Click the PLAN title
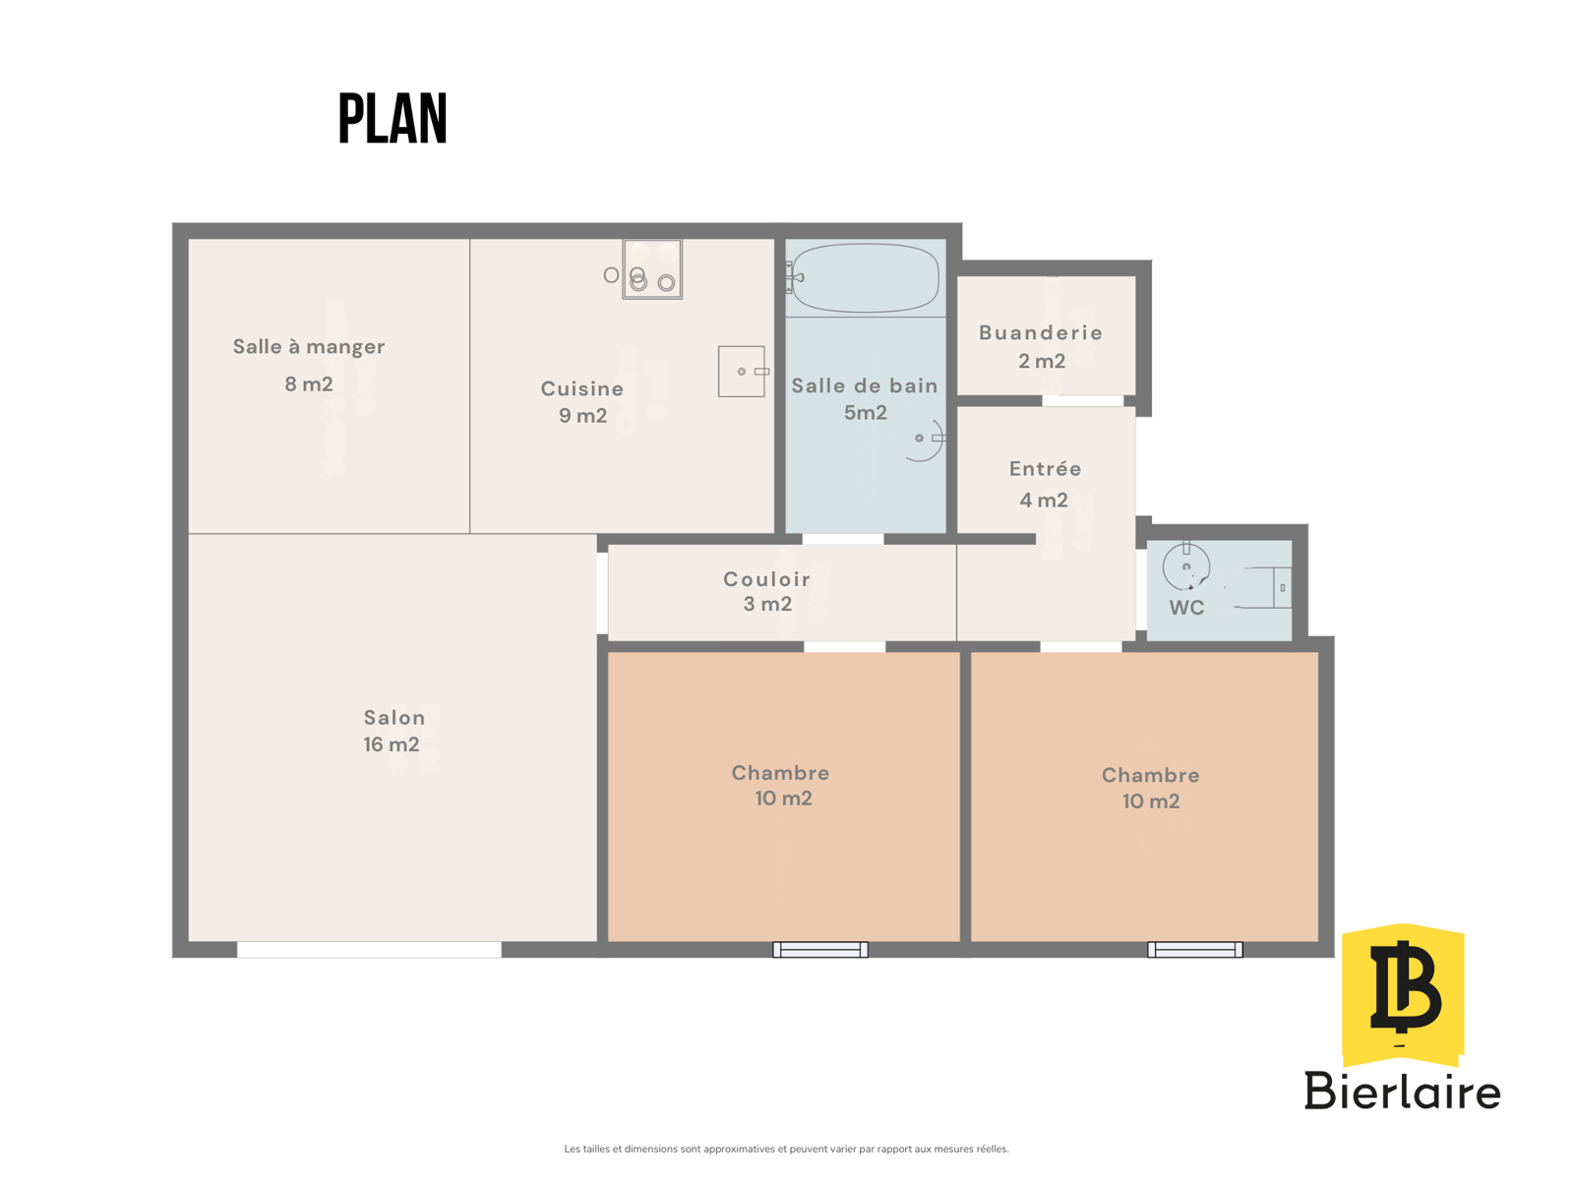[393, 118]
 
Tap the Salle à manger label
[308, 347]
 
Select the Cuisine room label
[581, 388]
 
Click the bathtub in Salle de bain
[865, 277]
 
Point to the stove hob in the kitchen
[652, 268]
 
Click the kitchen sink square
[742, 371]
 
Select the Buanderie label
[1040, 332]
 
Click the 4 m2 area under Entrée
[1044, 500]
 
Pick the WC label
[1186, 608]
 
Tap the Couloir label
[766, 579]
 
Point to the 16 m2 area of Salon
[391, 744]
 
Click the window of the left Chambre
[820, 949]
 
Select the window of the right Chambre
[1194, 949]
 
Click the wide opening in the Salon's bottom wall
[369, 949]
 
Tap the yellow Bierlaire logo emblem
[1403, 994]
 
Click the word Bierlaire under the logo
[1402, 1091]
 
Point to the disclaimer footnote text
[786, 1149]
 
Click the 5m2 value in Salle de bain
[865, 412]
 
